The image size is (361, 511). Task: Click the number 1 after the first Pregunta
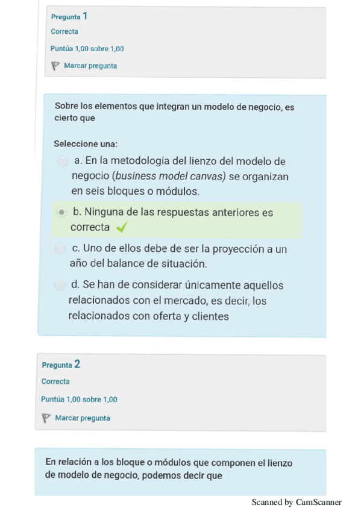(x=85, y=16)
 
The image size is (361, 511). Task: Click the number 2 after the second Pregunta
(x=77, y=364)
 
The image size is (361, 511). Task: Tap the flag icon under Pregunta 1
(x=55, y=66)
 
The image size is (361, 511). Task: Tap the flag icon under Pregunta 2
(x=46, y=418)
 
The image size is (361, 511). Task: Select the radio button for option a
(x=62, y=161)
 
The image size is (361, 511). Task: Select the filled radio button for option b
(x=61, y=212)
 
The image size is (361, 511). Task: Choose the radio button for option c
(x=60, y=248)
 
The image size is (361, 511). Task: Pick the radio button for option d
(x=59, y=284)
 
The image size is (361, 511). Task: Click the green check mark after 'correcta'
(x=122, y=227)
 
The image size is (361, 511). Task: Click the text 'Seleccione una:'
(x=86, y=144)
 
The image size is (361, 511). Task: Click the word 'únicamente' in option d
(x=181, y=285)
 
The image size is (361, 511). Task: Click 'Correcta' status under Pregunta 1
(x=64, y=32)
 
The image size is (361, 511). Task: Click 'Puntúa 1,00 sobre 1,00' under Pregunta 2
(x=79, y=400)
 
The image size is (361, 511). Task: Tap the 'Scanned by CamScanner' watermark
(x=297, y=502)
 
